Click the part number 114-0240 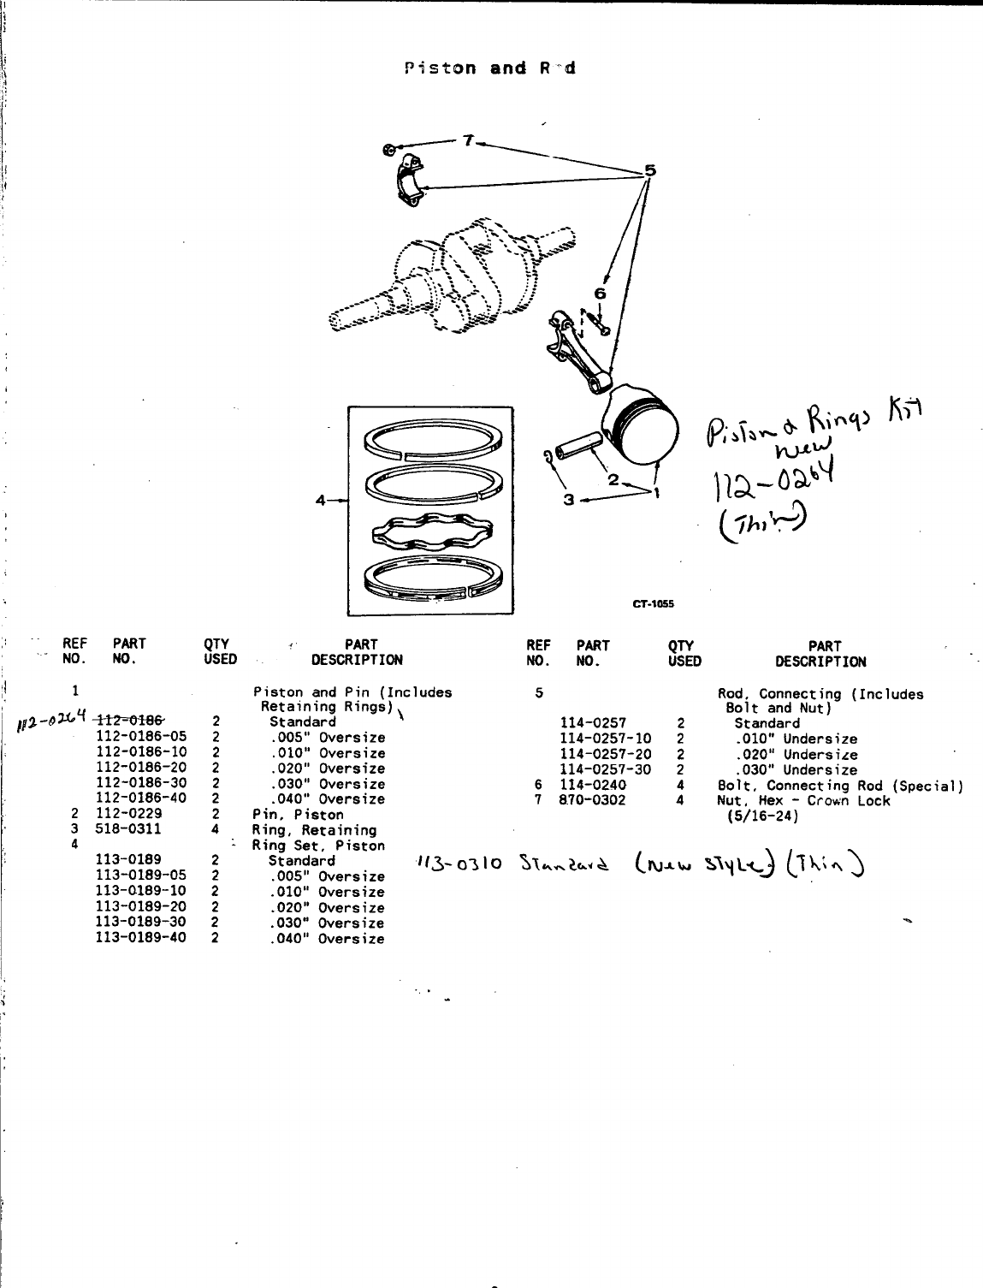click(x=592, y=785)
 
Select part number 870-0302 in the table click(x=592, y=800)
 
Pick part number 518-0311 click(x=128, y=829)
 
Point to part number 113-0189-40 click(x=140, y=939)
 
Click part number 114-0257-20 click(x=605, y=754)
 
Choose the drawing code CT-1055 click(x=654, y=603)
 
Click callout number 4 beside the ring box click(x=320, y=502)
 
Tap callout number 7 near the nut click(x=467, y=140)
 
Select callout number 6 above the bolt click(x=599, y=294)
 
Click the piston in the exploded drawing click(x=643, y=426)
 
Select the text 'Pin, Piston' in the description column click(x=298, y=815)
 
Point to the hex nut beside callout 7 click(x=389, y=150)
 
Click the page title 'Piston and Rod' click(x=490, y=68)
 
